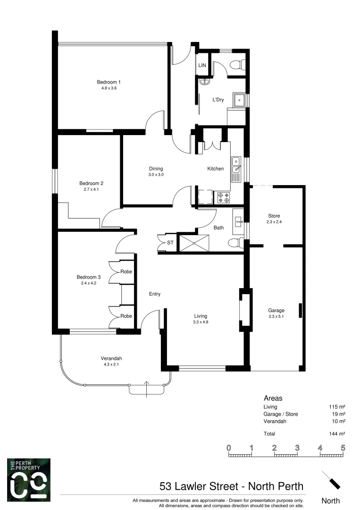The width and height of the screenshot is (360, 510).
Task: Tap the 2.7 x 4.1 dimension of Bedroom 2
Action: click(91, 189)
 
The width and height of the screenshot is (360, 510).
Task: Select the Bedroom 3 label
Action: click(89, 277)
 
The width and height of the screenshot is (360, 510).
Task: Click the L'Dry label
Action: click(218, 100)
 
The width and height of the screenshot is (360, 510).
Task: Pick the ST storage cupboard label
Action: click(170, 243)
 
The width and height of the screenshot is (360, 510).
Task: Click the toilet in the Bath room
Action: click(234, 243)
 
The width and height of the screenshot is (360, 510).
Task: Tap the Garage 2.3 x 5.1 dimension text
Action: click(277, 316)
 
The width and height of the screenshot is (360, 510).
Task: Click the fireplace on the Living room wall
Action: click(244, 310)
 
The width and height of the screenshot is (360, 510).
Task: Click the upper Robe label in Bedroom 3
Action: click(126, 272)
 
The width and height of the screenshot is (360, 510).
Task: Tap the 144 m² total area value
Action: click(337, 433)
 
